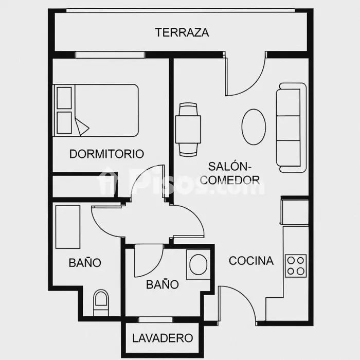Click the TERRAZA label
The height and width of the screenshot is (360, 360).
(x=182, y=32)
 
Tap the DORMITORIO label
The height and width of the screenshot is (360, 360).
(x=107, y=154)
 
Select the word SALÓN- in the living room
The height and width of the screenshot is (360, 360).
(x=230, y=167)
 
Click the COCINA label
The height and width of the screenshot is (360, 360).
(x=251, y=261)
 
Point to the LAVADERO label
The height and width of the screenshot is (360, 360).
(x=163, y=338)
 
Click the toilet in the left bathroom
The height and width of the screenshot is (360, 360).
(x=101, y=302)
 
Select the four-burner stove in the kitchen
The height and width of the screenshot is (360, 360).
(x=296, y=266)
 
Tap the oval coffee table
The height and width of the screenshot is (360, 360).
(x=254, y=127)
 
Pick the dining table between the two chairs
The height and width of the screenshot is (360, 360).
(x=188, y=130)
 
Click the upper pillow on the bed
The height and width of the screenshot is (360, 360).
(x=64, y=98)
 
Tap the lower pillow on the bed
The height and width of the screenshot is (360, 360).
(x=64, y=122)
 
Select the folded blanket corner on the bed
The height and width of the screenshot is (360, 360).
(x=81, y=127)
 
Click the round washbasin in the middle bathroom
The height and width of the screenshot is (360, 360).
(x=199, y=264)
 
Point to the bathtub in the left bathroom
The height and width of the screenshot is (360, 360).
(x=68, y=227)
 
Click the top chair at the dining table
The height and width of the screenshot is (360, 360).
(x=188, y=109)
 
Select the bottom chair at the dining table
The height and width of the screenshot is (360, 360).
(x=188, y=150)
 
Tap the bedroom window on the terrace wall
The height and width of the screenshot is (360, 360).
(x=110, y=55)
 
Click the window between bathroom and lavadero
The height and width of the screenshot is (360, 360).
(x=155, y=319)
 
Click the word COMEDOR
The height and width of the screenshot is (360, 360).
(x=230, y=180)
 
